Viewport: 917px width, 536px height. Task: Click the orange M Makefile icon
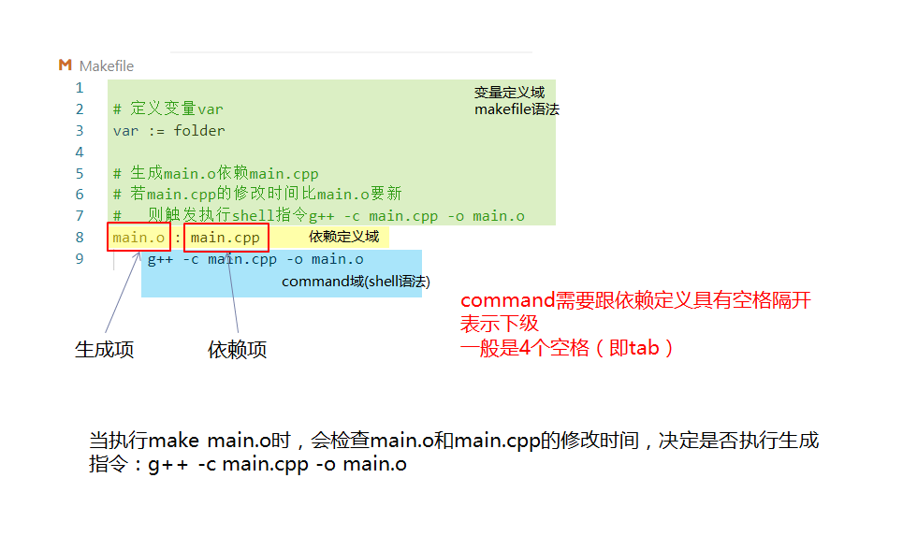pyautogui.click(x=65, y=65)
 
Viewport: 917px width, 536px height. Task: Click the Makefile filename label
pyautogui.click(x=107, y=65)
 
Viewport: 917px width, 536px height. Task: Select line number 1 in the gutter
pyautogui.click(x=80, y=88)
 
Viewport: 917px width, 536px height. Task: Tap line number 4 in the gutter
pyautogui.click(x=80, y=152)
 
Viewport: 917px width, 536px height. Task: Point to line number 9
pyautogui.click(x=80, y=258)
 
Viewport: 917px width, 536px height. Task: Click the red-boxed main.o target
pyautogui.click(x=138, y=238)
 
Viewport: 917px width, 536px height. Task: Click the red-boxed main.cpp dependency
pyautogui.click(x=226, y=238)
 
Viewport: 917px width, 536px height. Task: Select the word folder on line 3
pyautogui.click(x=199, y=131)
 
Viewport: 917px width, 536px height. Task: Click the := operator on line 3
pyautogui.click(x=156, y=131)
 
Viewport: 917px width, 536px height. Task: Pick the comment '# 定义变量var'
pyautogui.click(x=168, y=109)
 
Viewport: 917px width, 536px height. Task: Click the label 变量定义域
pyautogui.click(x=509, y=92)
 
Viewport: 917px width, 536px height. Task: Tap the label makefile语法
pyautogui.click(x=517, y=109)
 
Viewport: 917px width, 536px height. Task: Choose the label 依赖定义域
pyautogui.click(x=344, y=237)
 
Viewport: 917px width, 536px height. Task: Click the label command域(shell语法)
pyautogui.click(x=356, y=281)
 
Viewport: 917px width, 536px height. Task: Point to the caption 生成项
pyautogui.click(x=105, y=350)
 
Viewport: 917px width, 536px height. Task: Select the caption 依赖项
pyautogui.click(x=237, y=350)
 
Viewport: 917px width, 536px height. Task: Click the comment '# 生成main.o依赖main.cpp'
pyautogui.click(x=216, y=173)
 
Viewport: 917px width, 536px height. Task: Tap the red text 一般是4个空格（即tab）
pyautogui.click(x=567, y=348)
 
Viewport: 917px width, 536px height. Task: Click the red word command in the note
pyautogui.click(x=508, y=301)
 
